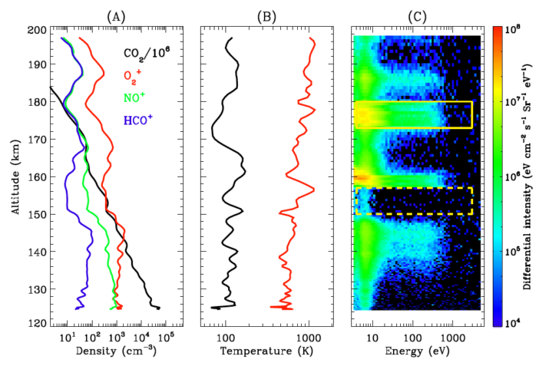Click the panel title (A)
point(116,14)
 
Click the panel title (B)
point(266,14)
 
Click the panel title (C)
point(416,14)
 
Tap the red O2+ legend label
point(133,74)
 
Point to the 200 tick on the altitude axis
point(36,29)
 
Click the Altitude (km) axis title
point(15,176)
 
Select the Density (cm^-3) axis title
point(115,352)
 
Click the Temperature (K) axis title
point(265,352)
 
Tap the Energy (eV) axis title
point(416,352)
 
